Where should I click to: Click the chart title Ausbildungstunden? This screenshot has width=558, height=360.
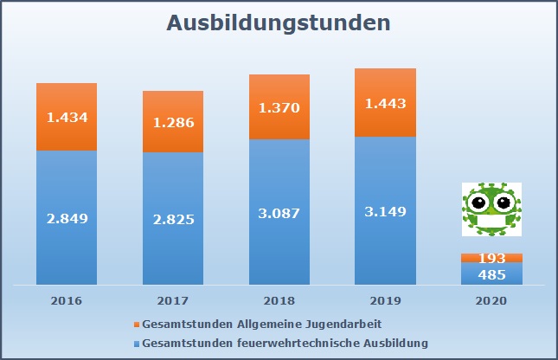[277, 23]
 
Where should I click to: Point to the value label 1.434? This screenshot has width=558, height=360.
[67, 118]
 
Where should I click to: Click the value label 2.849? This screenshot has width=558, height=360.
[67, 219]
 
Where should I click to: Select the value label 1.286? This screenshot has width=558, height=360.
[173, 123]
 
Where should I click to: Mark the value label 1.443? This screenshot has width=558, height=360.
[385, 104]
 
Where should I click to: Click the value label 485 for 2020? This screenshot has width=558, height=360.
[491, 274]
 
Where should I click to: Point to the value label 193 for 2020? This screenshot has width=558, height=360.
[491, 259]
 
